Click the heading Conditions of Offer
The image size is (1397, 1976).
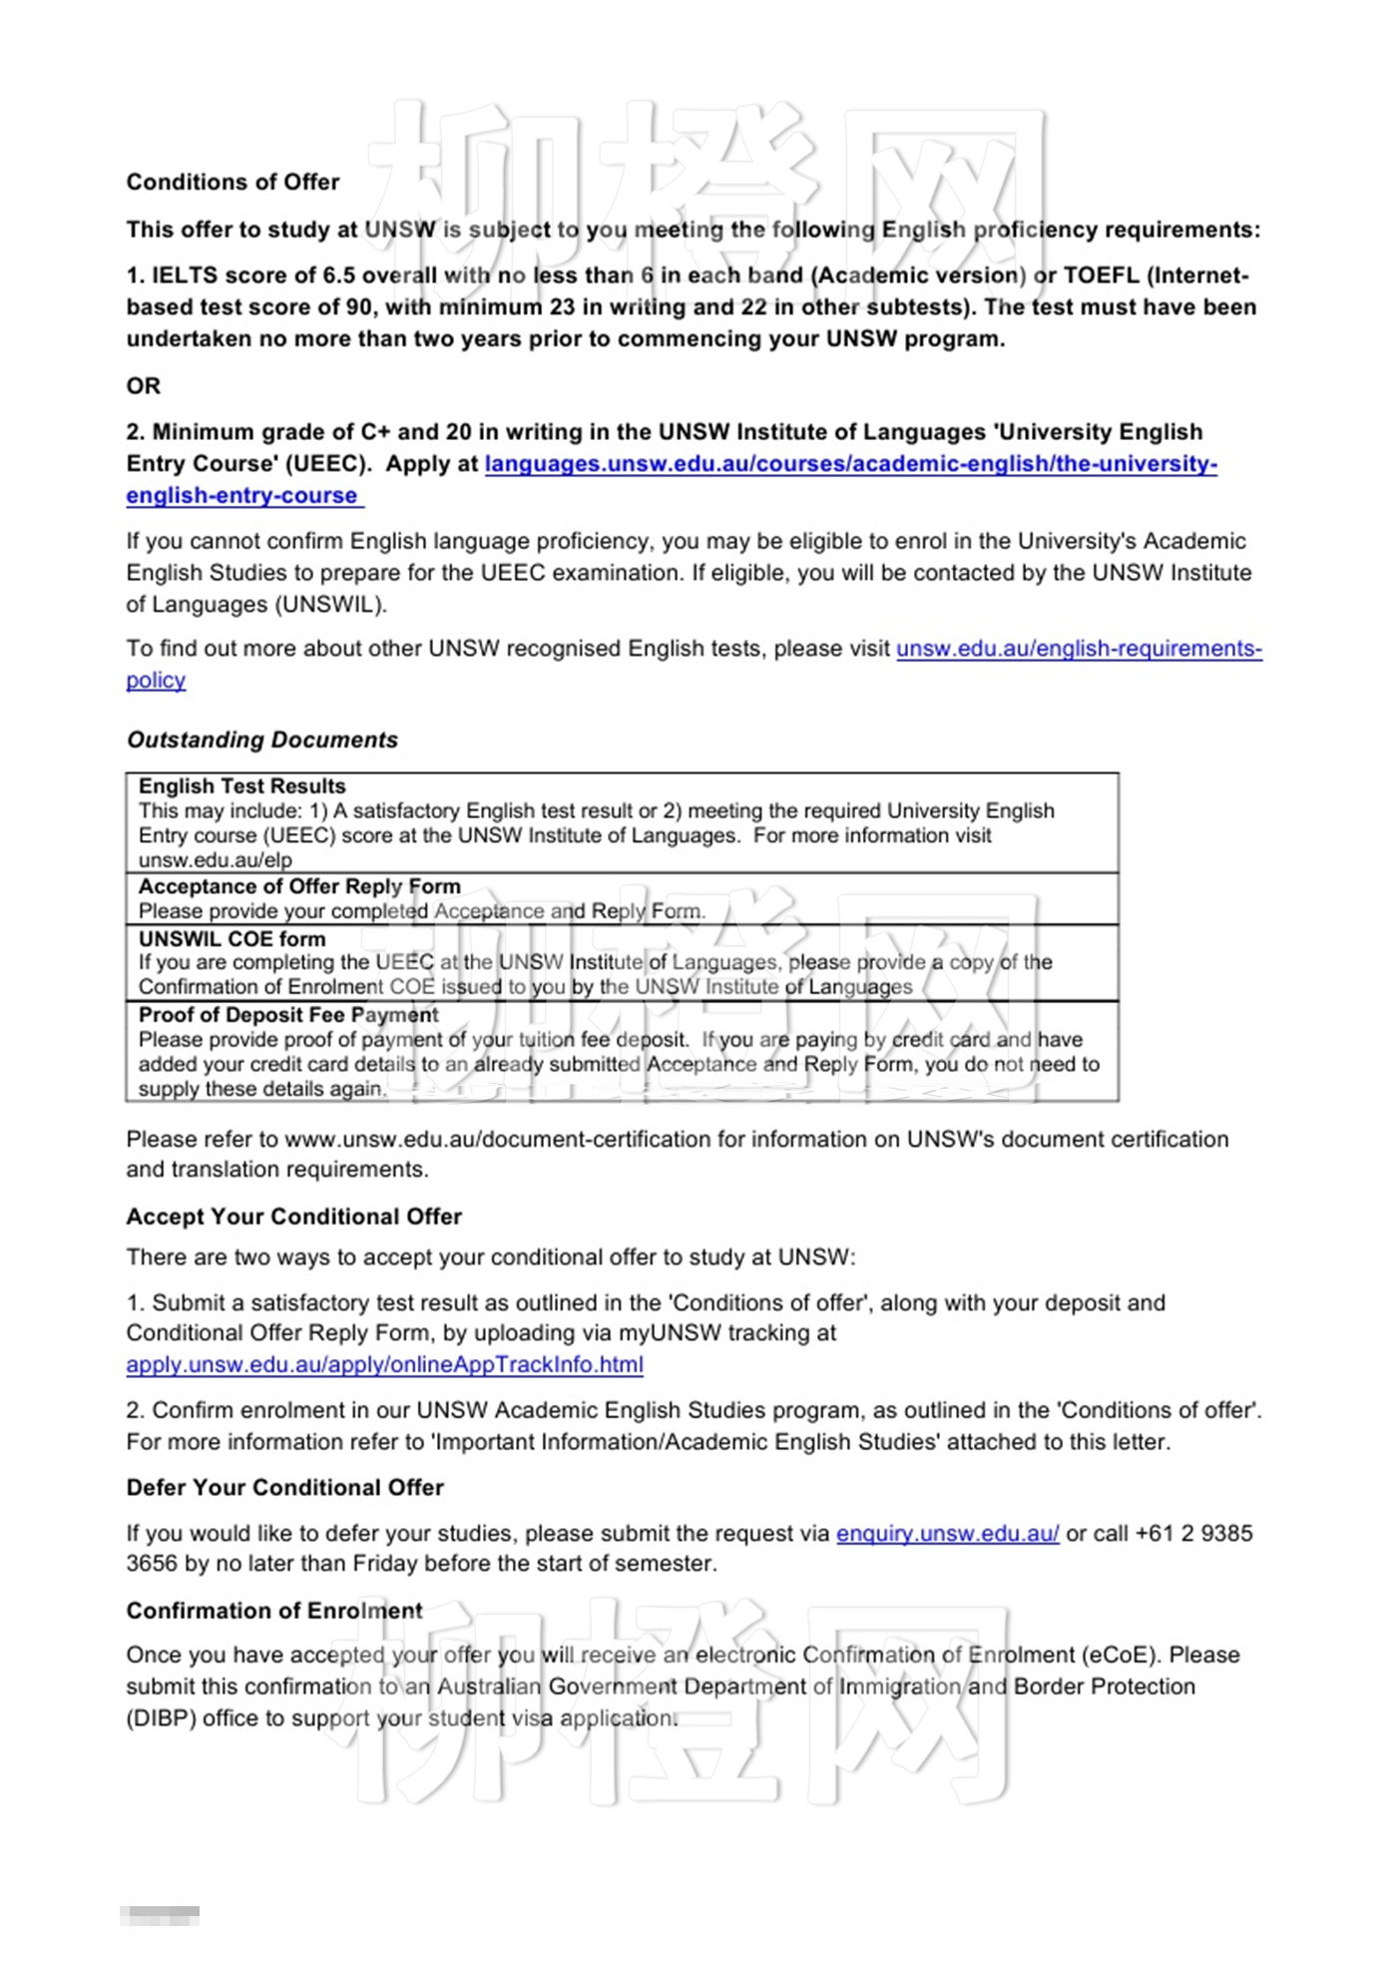point(233,182)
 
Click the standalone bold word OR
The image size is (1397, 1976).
point(143,385)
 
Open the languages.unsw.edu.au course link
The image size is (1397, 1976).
point(850,464)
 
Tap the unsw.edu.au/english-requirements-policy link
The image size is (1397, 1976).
point(1078,649)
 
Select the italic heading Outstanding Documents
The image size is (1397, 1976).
point(261,740)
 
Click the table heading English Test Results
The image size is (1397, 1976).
point(241,786)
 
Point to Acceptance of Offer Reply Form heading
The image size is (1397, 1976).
point(299,886)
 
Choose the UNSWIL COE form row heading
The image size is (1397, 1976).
point(232,939)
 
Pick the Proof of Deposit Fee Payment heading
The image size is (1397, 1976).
point(288,1015)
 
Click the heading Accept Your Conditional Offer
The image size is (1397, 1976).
point(293,1217)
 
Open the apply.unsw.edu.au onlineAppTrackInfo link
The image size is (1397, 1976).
point(384,1364)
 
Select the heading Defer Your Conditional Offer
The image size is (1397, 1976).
point(284,1487)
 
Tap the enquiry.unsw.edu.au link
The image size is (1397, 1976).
point(947,1533)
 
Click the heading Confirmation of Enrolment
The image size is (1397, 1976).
point(274,1610)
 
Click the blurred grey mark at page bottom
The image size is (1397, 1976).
point(160,1915)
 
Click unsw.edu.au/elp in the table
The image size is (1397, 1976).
point(215,860)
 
